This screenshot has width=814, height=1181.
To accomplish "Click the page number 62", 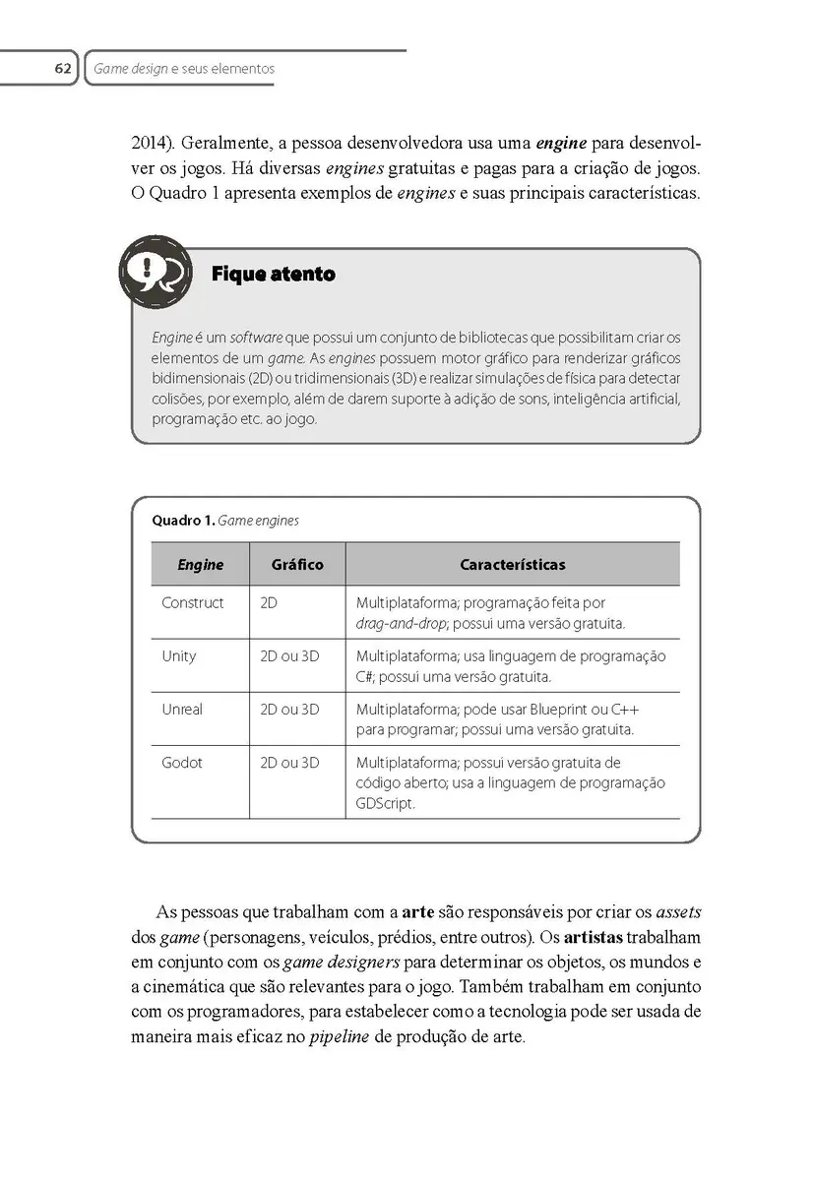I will pyautogui.click(x=62, y=69).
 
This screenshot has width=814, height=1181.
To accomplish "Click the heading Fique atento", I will pyautogui.click(x=273, y=275).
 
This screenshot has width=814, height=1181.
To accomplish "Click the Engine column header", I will pyautogui.click(x=200, y=565).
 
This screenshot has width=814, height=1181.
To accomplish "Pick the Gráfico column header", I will pyautogui.click(x=296, y=565).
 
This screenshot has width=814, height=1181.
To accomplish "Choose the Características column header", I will pyautogui.click(x=512, y=565).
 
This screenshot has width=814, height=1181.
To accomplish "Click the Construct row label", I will pyautogui.click(x=193, y=602).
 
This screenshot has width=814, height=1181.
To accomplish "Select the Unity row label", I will pyautogui.click(x=179, y=655).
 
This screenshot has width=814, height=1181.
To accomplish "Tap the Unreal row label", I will pyautogui.click(x=182, y=709).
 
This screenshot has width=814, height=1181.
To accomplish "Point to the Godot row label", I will pyautogui.click(x=181, y=762).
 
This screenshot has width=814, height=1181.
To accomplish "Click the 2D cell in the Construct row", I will pyautogui.click(x=268, y=602).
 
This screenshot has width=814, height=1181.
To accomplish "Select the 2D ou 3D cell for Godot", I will pyautogui.click(x=289, y=762).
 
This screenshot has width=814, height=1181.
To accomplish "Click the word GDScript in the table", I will pyautogui.click(x=386, y=803).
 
